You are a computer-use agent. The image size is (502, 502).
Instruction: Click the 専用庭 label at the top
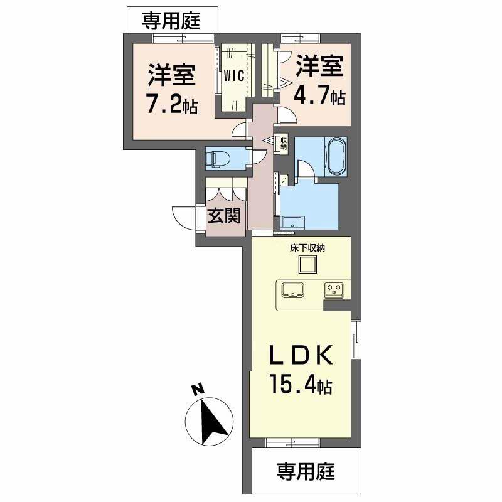click(171, 21)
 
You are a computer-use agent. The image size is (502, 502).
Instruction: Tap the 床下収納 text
click(307, 247)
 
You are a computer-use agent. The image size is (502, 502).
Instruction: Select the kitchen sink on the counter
click(293, 291)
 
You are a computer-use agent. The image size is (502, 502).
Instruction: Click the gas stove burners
click(333, 290)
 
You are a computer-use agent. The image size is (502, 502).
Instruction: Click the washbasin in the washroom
click(292, 222)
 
